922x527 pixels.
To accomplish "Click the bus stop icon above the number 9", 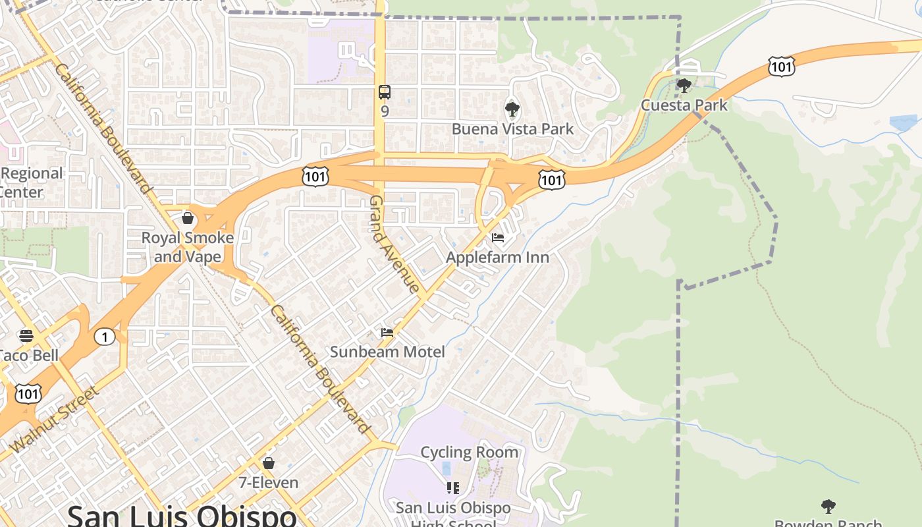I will coord(385,92).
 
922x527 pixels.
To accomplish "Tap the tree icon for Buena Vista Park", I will coord(512,109).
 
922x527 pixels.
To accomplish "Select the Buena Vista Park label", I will coord(512,128).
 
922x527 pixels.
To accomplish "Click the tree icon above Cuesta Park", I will coord(684,85).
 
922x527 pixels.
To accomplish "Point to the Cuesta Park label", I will coord(684,105).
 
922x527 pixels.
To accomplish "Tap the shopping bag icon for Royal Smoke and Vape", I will coord(188,218).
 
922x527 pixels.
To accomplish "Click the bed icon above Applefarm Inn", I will coord(498,237).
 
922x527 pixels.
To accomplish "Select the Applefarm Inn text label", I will coord(497,257).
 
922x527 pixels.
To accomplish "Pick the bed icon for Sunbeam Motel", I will coord(387,333).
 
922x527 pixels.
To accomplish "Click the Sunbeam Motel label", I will coord(387,352).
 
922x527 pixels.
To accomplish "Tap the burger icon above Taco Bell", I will coord(26,336).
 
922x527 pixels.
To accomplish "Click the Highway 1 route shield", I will coord(104,337).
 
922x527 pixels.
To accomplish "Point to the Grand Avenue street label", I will coord(394,244).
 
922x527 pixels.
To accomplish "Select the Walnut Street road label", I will coord(55,419).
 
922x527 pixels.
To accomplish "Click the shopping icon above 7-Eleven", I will coord(268,463).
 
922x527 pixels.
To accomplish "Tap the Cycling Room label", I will coord(469,453).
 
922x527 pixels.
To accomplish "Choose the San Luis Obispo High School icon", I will coord(452,488).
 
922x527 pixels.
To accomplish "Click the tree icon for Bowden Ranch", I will coord(828,507).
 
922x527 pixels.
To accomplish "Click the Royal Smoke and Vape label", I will coord(188,247).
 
